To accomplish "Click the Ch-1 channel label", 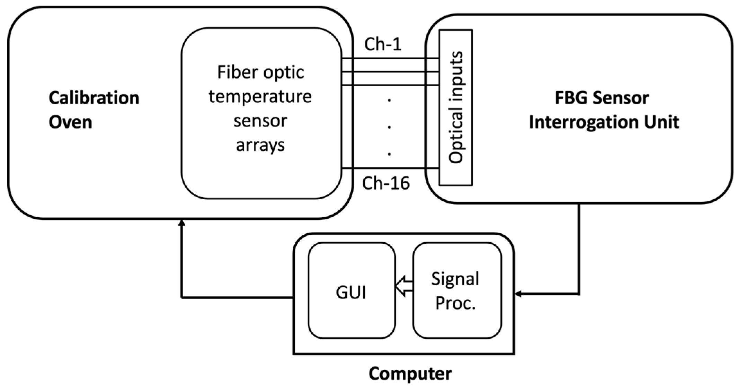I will point(383,44).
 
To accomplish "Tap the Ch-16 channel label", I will point(386,183).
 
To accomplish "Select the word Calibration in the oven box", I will point(94,98).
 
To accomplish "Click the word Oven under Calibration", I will point(70,122).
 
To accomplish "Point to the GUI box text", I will point(351,293).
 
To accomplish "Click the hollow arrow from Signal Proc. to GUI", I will point(403,286).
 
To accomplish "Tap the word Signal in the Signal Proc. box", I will point(455,279).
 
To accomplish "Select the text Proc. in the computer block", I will point(455,303).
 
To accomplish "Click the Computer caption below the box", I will point(410,374).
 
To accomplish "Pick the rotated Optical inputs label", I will point(455,107).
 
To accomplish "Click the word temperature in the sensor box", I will point(260,96).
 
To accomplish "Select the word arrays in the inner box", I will point(260,145).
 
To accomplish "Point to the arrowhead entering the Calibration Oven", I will point(181,222).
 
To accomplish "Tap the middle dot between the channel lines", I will point(390,127).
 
